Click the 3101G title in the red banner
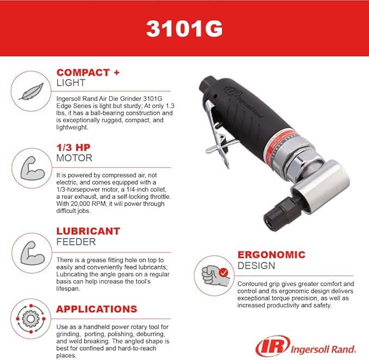(184, 28)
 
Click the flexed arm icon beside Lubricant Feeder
(28, 249)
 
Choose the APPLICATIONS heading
(97, 309)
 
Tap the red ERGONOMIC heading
(271, 255)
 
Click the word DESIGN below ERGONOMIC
(256, 266)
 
